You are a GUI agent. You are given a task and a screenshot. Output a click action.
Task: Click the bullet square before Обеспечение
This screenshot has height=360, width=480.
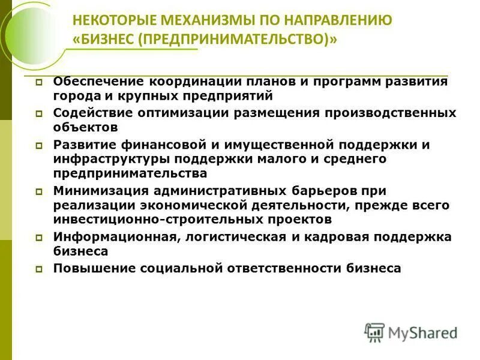[x=39, y=82]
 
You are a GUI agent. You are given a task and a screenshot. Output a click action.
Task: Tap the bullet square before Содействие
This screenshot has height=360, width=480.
[x=39, y=113]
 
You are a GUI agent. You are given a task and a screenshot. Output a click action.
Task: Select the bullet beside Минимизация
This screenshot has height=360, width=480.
[x=39, y=191]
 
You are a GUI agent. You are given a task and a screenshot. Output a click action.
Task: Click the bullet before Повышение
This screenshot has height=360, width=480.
[x=39, y=269]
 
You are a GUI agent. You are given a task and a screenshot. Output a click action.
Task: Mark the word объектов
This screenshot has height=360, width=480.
[x=85, y=127]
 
